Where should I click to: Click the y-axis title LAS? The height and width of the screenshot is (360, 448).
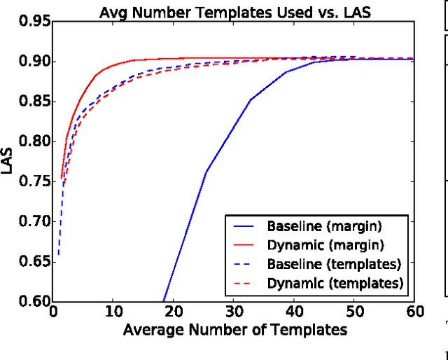coord(8,162)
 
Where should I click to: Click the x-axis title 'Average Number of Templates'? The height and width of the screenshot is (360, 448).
coord(234,329)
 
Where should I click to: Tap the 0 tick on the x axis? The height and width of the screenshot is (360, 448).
coord(53,312)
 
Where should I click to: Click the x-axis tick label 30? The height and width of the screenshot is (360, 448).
coord(234,312)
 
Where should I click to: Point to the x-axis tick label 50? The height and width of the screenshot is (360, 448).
coord(354,312)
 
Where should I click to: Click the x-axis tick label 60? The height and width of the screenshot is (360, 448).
coord(414,312)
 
